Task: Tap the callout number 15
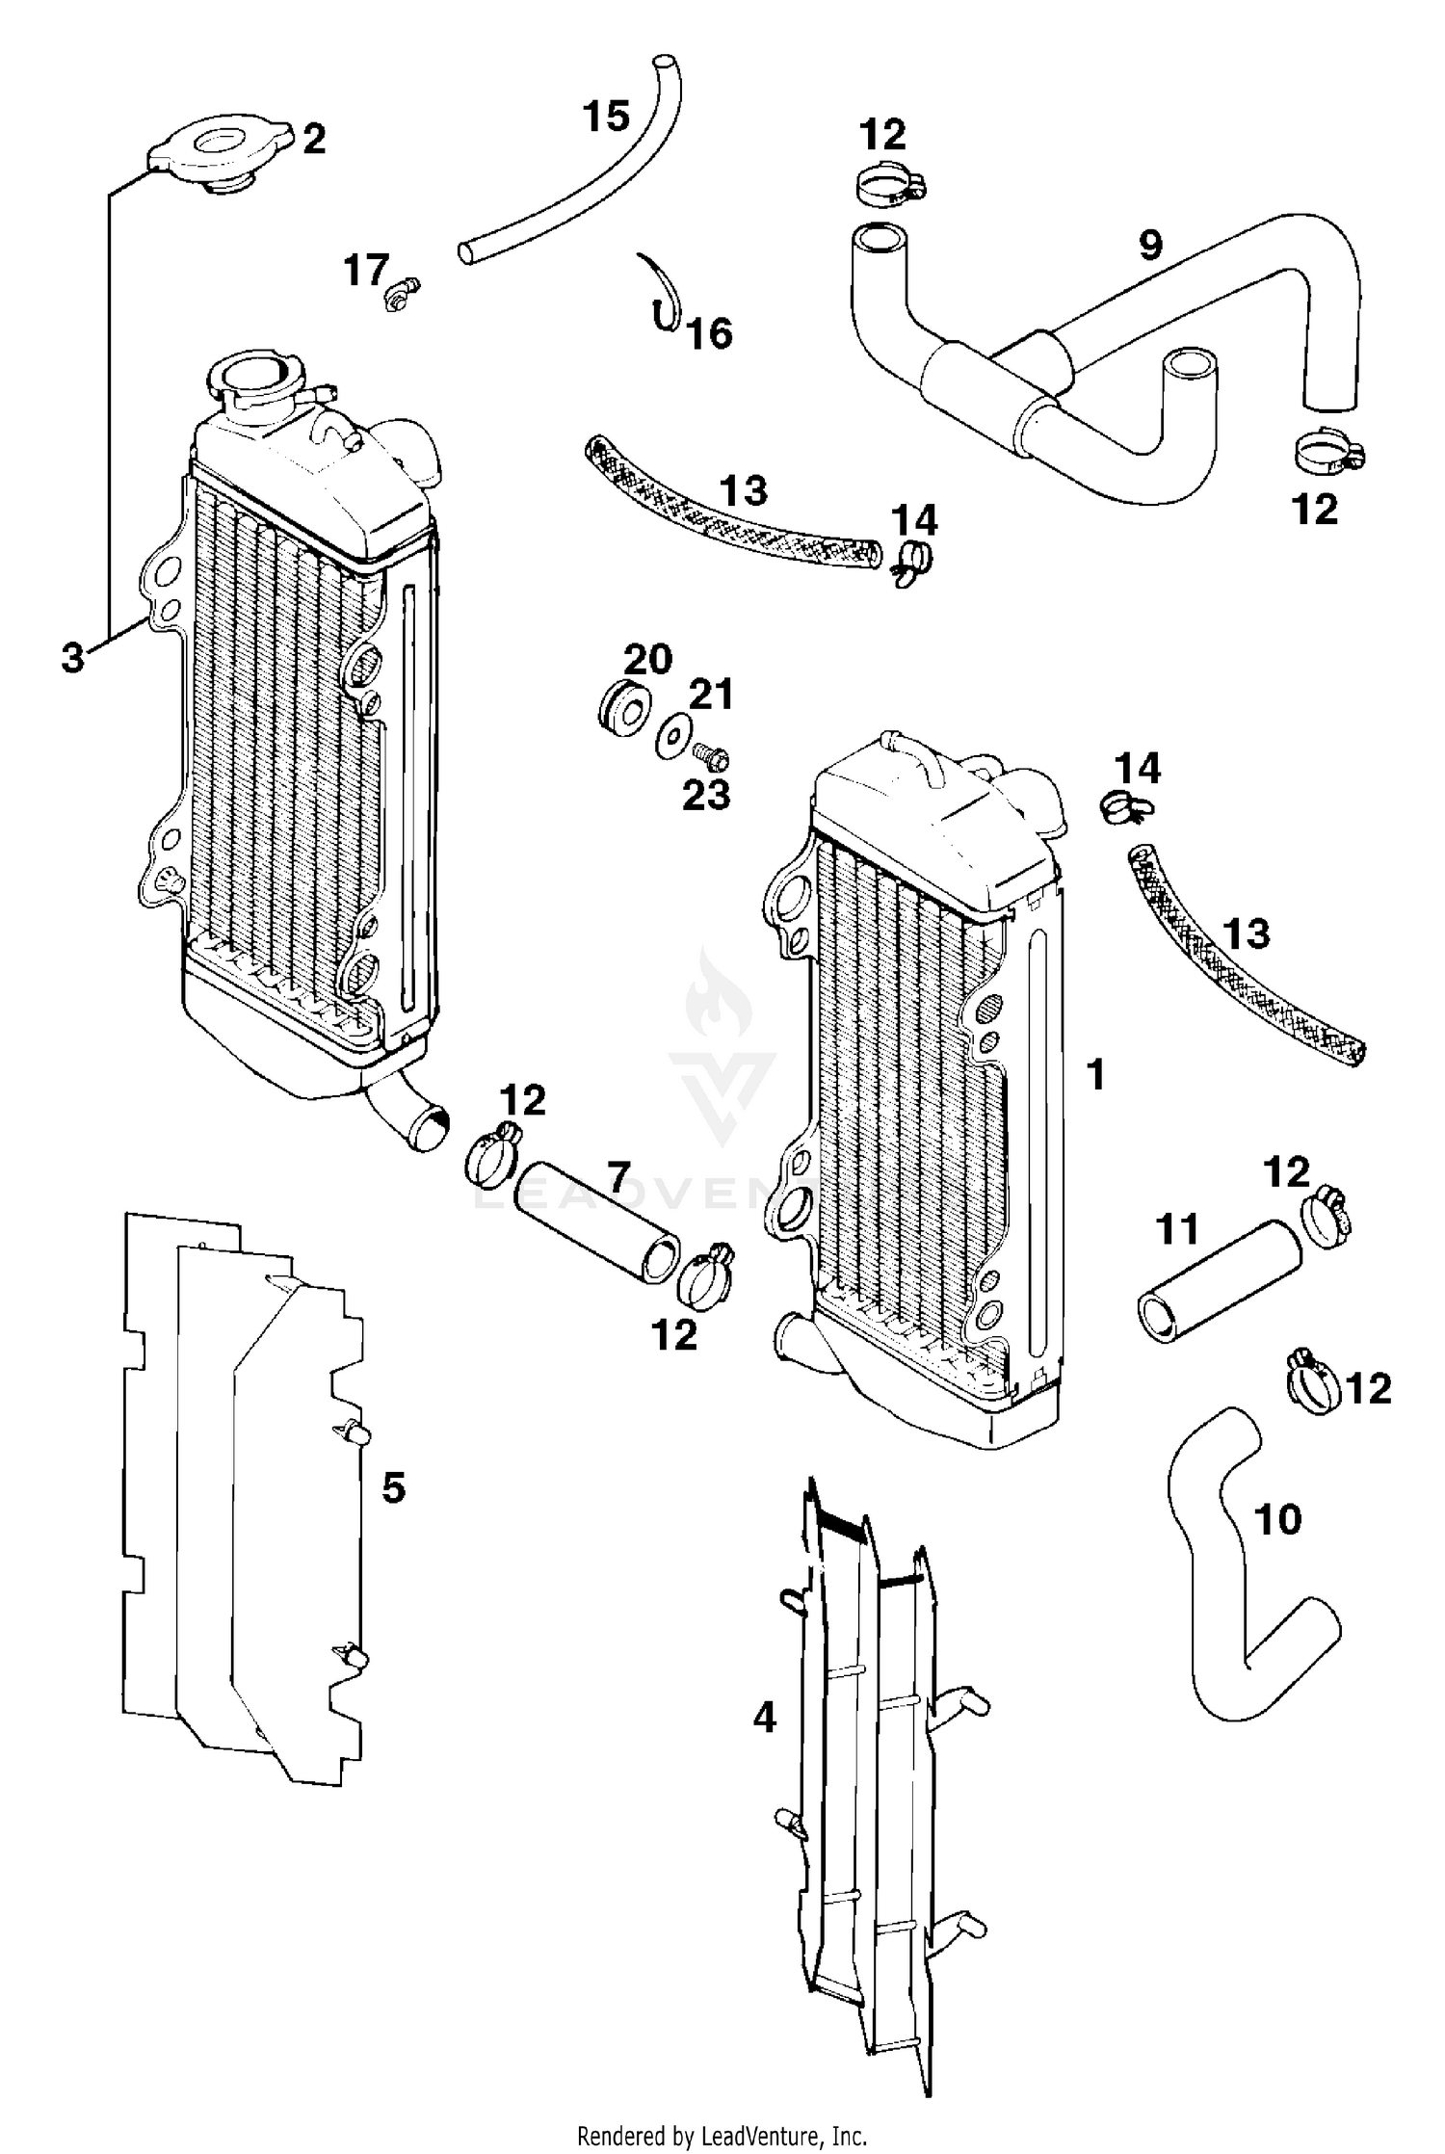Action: click(x=606, y=117)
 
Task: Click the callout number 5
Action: click(x=393, y=1487)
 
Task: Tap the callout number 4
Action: click(x=764, y=1717)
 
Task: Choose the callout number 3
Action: click(x=72, y=660)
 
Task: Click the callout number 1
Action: click(x=1095, y=1074)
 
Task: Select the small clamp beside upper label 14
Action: click(x=910, y=562)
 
